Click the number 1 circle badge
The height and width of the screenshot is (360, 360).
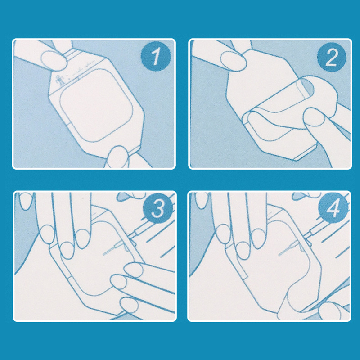(x=156, y=56)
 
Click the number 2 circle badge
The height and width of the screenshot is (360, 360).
(x=332, y=57)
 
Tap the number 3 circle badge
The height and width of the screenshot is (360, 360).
(x=158, y=208)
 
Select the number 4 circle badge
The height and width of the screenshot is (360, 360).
(x=333, y=208)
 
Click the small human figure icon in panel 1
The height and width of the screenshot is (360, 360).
(x=61, y=80)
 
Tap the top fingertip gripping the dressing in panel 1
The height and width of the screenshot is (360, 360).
(x=54, y=60)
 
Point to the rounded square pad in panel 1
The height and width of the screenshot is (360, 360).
(x=96, y=105)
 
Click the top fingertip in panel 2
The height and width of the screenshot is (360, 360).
(x=233, y=60)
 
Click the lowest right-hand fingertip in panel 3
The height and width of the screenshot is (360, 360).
(x=129, y=305)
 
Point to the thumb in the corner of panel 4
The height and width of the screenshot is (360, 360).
(x=331, y=310)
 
